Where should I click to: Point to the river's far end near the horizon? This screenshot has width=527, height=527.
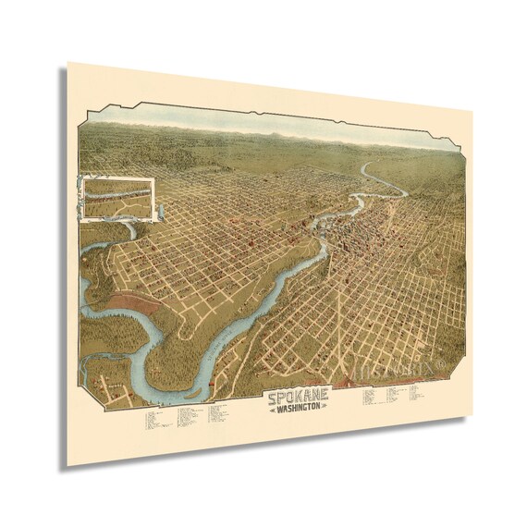pyautogui.click(x=371, y=167)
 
